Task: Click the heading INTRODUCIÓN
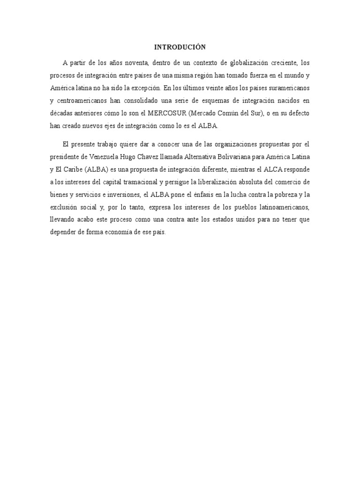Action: pos(180,47)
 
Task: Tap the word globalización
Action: pos(246,62)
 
